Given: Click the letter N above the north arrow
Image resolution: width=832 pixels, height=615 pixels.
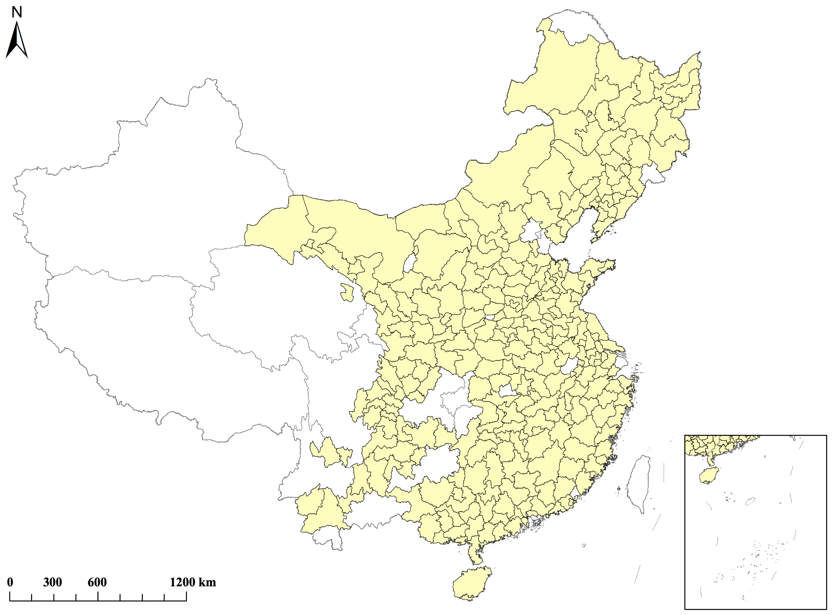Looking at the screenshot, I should coord(17,12).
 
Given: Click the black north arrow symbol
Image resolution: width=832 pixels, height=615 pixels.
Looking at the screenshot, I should coord(17,41).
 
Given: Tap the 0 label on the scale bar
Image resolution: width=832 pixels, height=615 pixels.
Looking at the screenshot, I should coord(10,583).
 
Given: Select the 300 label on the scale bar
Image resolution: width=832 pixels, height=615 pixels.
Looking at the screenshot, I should coord(53,583).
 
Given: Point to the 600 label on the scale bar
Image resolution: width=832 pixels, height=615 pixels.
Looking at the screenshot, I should coord(97,583).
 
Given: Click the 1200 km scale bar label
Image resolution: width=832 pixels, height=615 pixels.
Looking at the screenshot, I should coord(193,583).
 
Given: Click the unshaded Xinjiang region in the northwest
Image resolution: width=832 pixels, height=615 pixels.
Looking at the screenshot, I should coord(149,186).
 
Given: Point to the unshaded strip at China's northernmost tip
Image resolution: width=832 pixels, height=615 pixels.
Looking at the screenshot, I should coord(581,22).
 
